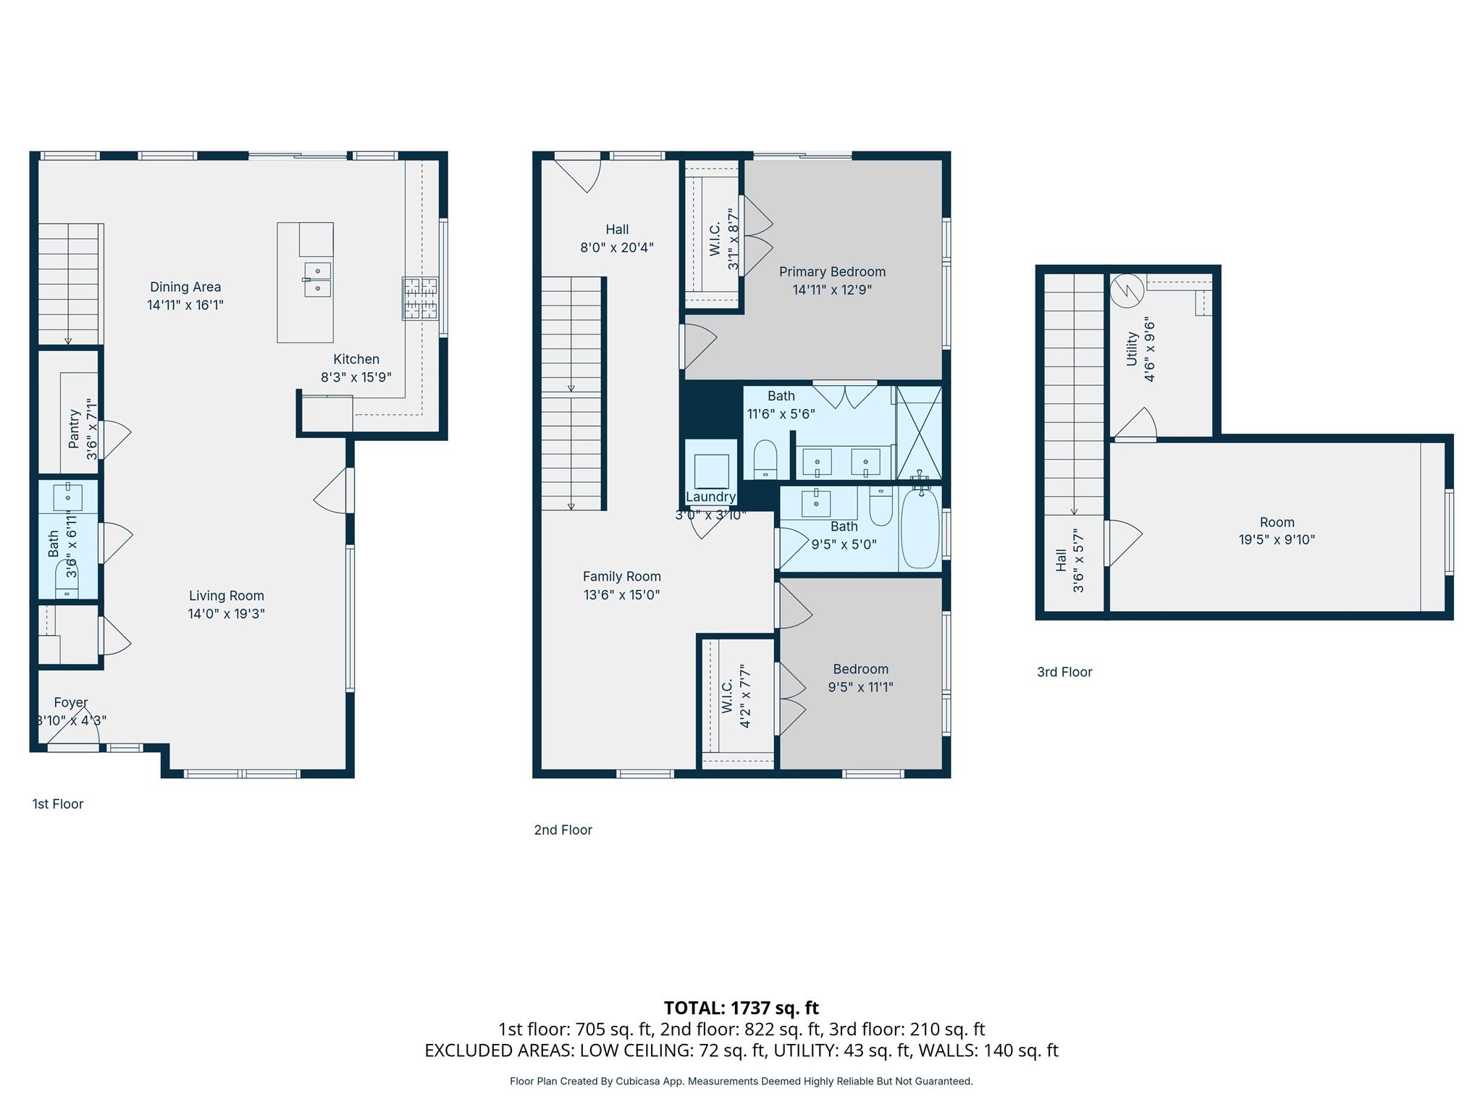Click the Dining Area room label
[x=185, y=287]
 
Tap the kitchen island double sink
[x=318, y=280]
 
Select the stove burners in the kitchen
[x=421, y=298]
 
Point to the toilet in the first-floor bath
[x=67, y=579]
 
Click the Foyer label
[x=71, y=702]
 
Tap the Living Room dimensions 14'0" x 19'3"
[x=226, y=614]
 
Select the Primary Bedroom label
[x=832, y=272]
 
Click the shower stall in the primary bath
[x=919, y=432]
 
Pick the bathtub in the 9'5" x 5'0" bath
[x=920, y=527]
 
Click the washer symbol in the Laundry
[x=711, y=471]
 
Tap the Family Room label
[x=621, y=577]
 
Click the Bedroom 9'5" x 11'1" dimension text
[x=860, y=687]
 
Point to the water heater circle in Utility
[x=1127, y=291]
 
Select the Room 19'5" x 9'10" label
[x=1277, y=522]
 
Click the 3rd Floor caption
[x=1064, y=672]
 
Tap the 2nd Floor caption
[x=563, y=830]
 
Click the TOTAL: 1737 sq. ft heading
[x=741, y=1008]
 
